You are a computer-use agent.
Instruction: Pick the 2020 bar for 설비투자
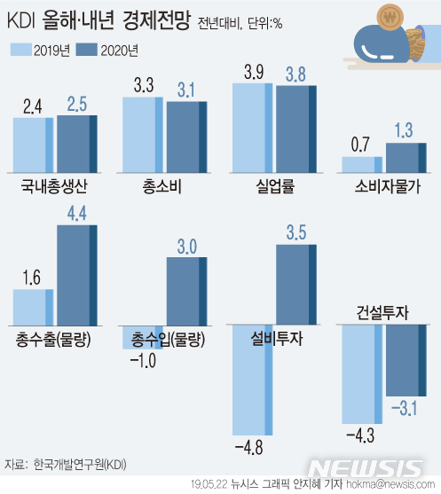(x=296, y=286)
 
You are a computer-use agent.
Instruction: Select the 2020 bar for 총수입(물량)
(x=187, y=293)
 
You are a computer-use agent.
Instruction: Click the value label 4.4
(x=76, y=212)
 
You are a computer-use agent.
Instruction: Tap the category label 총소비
(x=164, y=185)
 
